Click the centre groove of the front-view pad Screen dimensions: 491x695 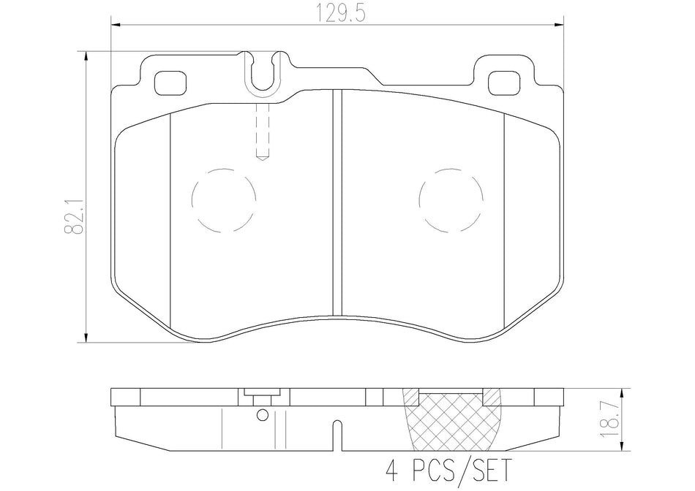click(337, 201)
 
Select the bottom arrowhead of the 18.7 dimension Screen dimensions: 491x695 click(622, 449)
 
